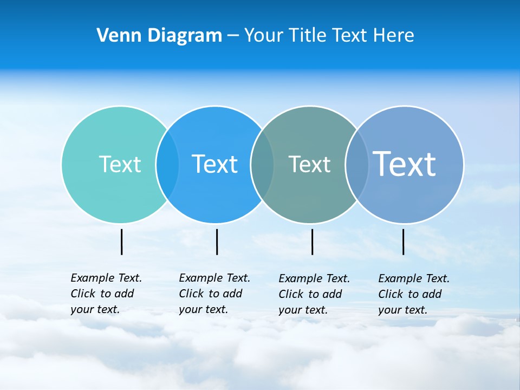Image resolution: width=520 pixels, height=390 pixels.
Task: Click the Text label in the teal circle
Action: (x=120, y=164)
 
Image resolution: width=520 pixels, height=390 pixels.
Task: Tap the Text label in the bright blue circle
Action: (x=214, y=164)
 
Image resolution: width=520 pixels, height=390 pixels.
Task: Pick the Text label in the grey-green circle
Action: (x=309, y=164)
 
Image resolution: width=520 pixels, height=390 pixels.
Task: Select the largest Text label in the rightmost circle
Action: (x=405, y=164)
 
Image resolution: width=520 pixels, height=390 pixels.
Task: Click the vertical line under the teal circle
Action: (x=122, y=242)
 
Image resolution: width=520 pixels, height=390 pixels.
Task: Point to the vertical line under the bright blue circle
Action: (x=217, y=242)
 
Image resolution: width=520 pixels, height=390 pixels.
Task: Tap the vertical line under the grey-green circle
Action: (x=312, y=242)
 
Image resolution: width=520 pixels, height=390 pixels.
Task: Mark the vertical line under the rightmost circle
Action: (x=404, y=242)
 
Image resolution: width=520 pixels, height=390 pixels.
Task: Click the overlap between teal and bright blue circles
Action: (x=167, y=164)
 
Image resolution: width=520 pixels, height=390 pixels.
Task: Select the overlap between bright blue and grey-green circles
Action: (x=262, y=164)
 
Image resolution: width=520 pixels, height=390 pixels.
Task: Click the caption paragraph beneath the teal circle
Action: (x=106, y=294)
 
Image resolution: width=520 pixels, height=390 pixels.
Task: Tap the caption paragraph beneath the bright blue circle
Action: (x=214, y=294)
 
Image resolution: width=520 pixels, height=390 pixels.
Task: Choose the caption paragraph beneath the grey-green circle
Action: (x=314, y=294)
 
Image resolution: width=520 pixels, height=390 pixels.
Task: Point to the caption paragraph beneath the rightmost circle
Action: (x=414, y=294)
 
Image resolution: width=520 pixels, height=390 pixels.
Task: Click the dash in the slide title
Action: (x=233, y=36)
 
